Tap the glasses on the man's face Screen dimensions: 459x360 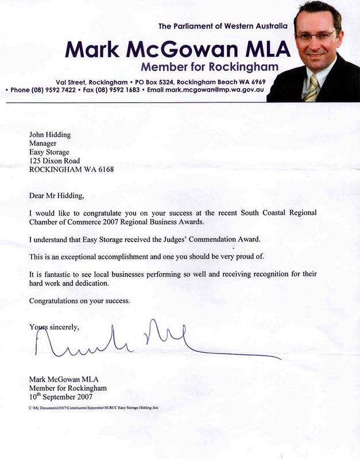[x=316, y=34]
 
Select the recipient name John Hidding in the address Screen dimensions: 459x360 [x=51, y=135]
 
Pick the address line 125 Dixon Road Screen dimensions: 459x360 [x=55, y=161]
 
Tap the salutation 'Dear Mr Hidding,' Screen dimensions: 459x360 [x=56, y=196]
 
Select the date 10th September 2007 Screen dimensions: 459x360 [x=60, y=396]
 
